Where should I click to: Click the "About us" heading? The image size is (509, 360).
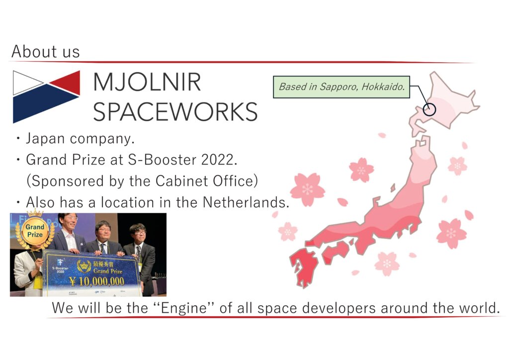(45, 52)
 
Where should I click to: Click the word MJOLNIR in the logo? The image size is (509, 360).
(147, 82)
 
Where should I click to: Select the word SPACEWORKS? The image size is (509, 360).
(175, 111)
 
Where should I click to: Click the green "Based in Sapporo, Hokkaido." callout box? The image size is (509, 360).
(341, 87)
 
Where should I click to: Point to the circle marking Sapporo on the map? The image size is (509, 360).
(429, 109)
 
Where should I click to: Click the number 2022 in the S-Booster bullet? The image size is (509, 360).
(219, 160)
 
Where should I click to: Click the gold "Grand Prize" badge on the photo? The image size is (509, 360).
(34, 231)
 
